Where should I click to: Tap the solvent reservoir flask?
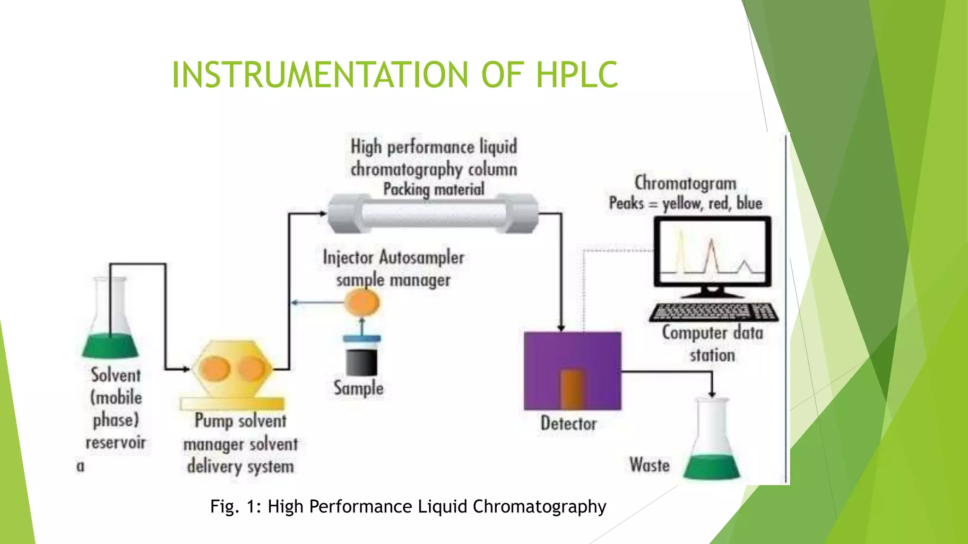click(111, 326)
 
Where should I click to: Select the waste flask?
click(712, 444)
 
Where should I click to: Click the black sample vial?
click(362, 361)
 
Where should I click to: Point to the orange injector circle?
click(362, 302)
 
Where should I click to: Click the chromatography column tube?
click(433, 214)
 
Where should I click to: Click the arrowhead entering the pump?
click(185, 369)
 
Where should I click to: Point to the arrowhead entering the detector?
click(561, 327)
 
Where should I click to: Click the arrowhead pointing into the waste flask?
click(712, 393)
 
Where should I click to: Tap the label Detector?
click(569, 424)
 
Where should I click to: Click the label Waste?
click(649, 465)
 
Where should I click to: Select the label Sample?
click(358, 388)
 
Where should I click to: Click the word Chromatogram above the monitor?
click(685, 183)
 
